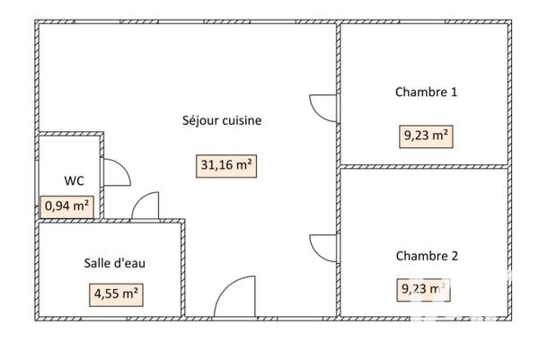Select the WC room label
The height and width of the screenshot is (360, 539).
point(75,180)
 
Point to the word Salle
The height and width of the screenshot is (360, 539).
point(99,263)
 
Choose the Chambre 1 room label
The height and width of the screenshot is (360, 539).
point(426,92)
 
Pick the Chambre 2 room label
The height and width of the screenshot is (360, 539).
point(427,256)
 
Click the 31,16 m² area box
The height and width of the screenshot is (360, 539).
point(226,165)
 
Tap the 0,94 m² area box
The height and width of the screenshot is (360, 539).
point(66,206)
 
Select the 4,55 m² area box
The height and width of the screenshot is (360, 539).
point(116,293)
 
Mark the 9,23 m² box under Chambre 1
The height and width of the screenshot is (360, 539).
point(426,136)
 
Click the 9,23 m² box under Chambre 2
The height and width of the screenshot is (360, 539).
point(423,289)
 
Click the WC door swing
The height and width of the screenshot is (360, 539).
point(116,172)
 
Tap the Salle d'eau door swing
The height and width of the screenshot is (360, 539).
point(146,207)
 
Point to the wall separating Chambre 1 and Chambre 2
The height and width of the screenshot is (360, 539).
point(424,166)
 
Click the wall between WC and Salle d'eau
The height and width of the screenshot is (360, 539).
point(68,220)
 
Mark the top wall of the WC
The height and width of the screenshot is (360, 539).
point(70,134)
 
